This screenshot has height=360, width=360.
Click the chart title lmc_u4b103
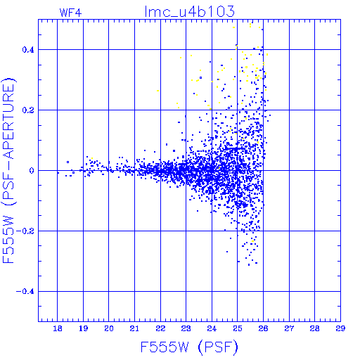click(x=190, y=11)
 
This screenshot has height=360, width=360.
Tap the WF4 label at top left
click(x=70, y=13)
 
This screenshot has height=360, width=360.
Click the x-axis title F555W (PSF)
click(x=189, y=347)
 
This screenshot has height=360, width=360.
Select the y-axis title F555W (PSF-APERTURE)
click(x=9, y=171)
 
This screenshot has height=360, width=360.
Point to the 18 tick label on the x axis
click(x=58, y=328)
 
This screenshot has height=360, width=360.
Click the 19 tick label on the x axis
click(x=83, y=328)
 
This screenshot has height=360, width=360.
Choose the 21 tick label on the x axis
click(x=134, y=328)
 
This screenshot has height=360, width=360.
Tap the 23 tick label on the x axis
click(x=186, y=328)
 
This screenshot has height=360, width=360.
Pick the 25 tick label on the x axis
click(x=238, y=328)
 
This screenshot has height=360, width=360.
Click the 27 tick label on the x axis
click(x=289, y=328)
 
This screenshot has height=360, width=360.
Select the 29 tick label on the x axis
click(x=340, y=328)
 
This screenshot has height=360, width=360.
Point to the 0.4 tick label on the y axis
click(x=28, y=50)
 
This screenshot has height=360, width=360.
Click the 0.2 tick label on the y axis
click(x=28, y=110)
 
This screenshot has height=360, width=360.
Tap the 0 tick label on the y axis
click(x=32, y=171)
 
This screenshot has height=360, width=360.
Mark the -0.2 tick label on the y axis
click(x=25, y=231)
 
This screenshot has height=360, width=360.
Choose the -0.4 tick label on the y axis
click(x=25, y=292)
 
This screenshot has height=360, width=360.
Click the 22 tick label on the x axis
click(x=160, y=328)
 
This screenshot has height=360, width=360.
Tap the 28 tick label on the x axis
click(x=314, y=328)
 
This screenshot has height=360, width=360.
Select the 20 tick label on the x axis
click(x=109, y=328)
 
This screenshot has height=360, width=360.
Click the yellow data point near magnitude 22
click(x=158, y=91)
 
